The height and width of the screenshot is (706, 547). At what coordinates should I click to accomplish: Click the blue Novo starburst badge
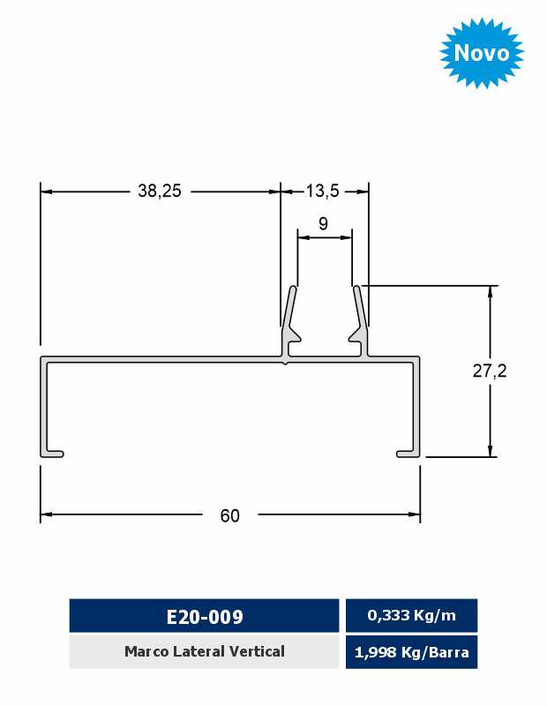[x=482, y=53]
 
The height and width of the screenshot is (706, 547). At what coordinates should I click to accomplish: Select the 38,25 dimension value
[x=160, y=191]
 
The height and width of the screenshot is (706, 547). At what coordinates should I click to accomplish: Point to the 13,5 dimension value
[x=322, y=191]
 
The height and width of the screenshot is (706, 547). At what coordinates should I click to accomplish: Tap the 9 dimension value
[x=323, y=223]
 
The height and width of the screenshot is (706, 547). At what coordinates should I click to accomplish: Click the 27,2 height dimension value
[x=490, y=371]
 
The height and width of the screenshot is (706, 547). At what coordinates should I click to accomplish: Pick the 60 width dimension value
[x=229, y=515]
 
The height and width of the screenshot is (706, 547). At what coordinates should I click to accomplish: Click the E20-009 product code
[x=205, y=616]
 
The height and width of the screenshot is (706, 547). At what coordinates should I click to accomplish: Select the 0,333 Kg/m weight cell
[x=411, y=615]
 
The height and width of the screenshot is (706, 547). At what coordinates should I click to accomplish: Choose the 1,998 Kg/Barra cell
[x=411, y=652]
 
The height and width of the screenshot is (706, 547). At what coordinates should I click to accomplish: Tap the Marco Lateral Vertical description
[x=205, y=651]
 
